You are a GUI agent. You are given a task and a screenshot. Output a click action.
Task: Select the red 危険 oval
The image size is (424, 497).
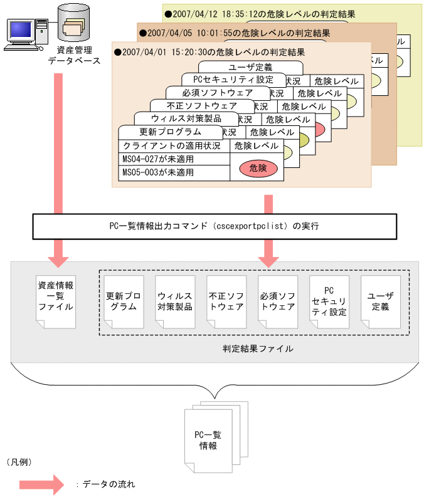(x=258, y=168)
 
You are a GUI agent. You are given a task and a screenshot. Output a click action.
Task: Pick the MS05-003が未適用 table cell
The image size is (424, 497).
(x=174, y=172)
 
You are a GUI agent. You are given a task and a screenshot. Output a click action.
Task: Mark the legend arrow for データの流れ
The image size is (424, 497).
(x=41, y=484)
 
